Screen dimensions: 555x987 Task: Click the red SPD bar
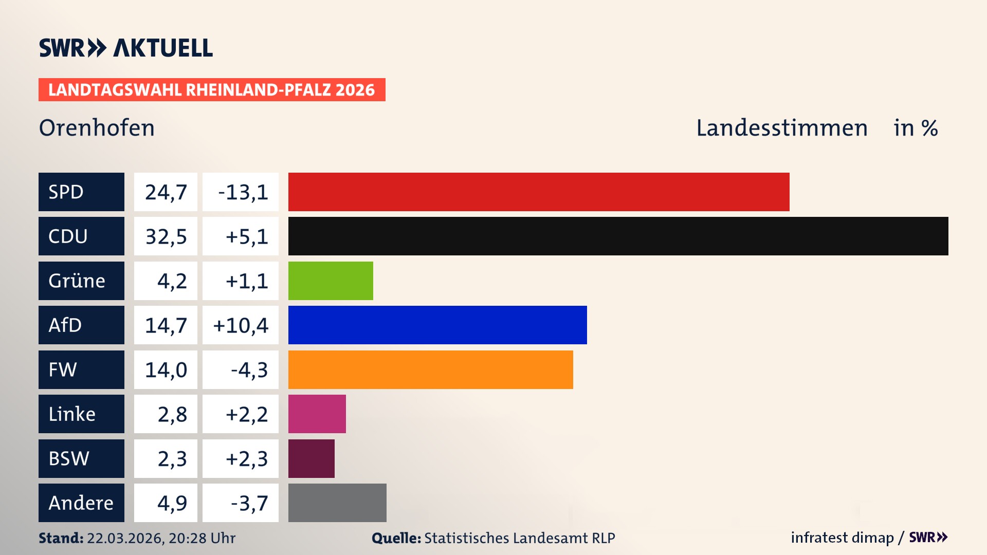pyautogui.click(x=539, y=192)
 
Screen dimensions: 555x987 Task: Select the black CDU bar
pyautogui.click(x=618, y=236)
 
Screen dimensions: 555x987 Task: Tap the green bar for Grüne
pyautogui.click(x=331, y=281)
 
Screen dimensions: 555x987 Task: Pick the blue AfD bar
pyautogui.click(x=437, y=325)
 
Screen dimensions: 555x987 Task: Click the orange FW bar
pyautogui.click(x=430, y=369)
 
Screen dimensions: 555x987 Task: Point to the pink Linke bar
pyautogui.click(x=317, y=414)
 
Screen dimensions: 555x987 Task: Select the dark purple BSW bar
pyautogui.click(x=311, y=458)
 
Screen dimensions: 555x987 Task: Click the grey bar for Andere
pyautogui.click(x=337, y=503)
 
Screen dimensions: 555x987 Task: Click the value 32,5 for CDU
pyautogui.click(x=166, y=236)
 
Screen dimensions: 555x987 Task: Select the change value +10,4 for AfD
pyautogui.click(x=241, y=325)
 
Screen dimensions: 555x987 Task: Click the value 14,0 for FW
pyautogui.click(x=166, y=369)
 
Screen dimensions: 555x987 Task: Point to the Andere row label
pyautogui.click(x=81, y=503)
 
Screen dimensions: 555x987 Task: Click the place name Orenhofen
pyautogui.click(x=97, y=128)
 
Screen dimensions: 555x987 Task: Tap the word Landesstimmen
pyautogui.click(x=781, y=128)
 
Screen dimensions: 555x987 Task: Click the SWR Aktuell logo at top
pyautogui.click(x=125, y=48)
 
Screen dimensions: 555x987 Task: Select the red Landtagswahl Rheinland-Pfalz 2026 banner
pyautogui.click(x=212, y=90)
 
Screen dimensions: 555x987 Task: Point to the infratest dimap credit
pyautogui.click(x=842, y=538)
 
